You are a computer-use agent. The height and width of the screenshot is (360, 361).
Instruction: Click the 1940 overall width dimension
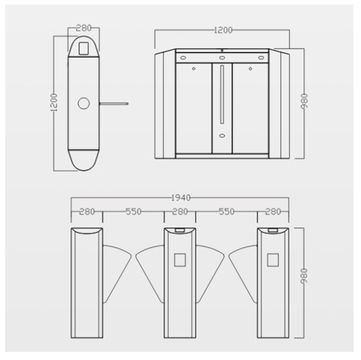181,198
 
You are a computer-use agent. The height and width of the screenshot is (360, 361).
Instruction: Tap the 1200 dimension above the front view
223,30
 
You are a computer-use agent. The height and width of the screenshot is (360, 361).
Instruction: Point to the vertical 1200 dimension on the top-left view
54,102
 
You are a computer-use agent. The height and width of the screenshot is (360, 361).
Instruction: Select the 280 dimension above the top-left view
84,28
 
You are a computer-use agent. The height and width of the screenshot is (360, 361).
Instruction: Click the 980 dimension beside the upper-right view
304,101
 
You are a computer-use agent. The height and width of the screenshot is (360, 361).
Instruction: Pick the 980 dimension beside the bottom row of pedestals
304,276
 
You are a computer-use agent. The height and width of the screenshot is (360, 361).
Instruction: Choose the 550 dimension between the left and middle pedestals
133,212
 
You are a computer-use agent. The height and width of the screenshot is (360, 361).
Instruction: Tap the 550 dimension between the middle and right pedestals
227,212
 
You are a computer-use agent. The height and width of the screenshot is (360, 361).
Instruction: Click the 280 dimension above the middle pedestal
180,212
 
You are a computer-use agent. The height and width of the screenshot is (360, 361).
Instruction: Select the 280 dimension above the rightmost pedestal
273,212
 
